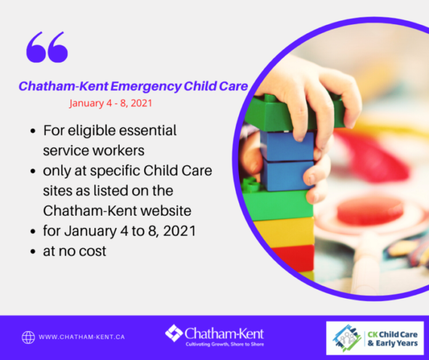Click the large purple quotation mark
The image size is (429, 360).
47,47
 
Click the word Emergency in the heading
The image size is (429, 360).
146,86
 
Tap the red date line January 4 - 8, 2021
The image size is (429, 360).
110,103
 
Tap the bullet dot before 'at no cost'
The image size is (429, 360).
33,251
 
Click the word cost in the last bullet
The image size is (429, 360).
94,251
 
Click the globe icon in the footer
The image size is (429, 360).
28,337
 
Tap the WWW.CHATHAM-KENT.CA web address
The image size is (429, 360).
82,337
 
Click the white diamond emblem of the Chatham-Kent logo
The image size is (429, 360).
174,333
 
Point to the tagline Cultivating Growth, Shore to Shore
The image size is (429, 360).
224,345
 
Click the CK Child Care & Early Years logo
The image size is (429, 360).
375,338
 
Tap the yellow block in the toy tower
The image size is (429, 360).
285,232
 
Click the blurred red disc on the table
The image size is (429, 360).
370,211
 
